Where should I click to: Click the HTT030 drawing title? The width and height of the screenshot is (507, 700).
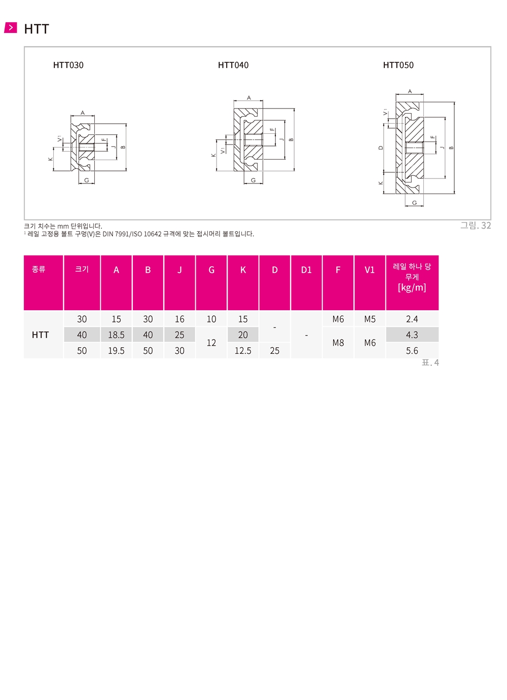(68, 65)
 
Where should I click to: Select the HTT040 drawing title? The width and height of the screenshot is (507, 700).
(233, 65)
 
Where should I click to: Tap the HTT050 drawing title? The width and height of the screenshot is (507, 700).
(398, 65)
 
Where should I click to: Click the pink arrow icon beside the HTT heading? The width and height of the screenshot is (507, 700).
(10, 27)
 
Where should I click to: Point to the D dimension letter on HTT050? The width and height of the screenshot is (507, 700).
(381, 148)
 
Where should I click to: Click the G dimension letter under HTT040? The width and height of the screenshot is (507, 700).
(253, 180)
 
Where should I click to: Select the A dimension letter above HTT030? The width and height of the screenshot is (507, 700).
(83, 113)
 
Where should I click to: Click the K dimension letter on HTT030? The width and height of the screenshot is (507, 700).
(50, 159)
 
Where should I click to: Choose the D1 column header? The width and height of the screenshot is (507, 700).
(306, 270)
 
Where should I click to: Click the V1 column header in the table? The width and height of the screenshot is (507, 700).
(370, 270)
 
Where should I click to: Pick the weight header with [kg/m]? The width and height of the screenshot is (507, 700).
(412, 277)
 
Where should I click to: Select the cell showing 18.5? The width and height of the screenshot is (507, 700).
(116, 335)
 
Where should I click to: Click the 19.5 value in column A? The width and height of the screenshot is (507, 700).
(116, 351)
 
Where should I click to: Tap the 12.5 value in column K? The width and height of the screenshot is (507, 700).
(243, 351)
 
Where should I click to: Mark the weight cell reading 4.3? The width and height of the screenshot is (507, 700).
(412, 335)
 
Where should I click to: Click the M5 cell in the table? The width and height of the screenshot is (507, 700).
(370, 319)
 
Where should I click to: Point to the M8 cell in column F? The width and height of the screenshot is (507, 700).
(338, 343)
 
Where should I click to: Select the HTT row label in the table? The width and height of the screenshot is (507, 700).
(41, 335)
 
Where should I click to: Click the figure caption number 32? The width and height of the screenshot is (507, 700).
(486, 226)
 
